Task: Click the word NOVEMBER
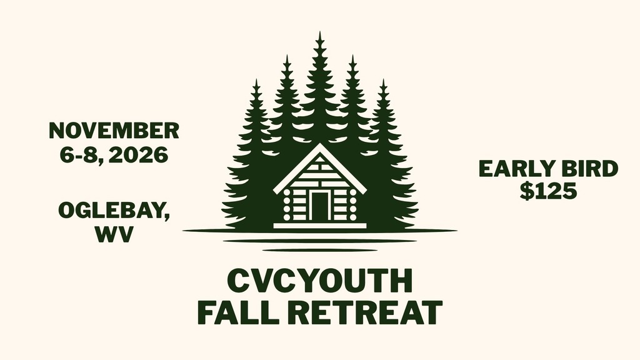tap(114, 131)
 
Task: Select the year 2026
tap(138, 155)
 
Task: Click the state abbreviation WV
tap(114, 234)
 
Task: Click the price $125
tap(548, 191)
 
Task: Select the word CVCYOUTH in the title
tap(320, 281)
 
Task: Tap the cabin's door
tap(319, 206)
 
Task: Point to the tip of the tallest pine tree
tap(319, 31)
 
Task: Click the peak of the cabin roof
tap(319, 144)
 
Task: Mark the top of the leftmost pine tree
tap(256, 80)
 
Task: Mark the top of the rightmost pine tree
tap(383, 80)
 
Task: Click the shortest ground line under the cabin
tap(320, 250)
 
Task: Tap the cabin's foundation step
tap(319, 225)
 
